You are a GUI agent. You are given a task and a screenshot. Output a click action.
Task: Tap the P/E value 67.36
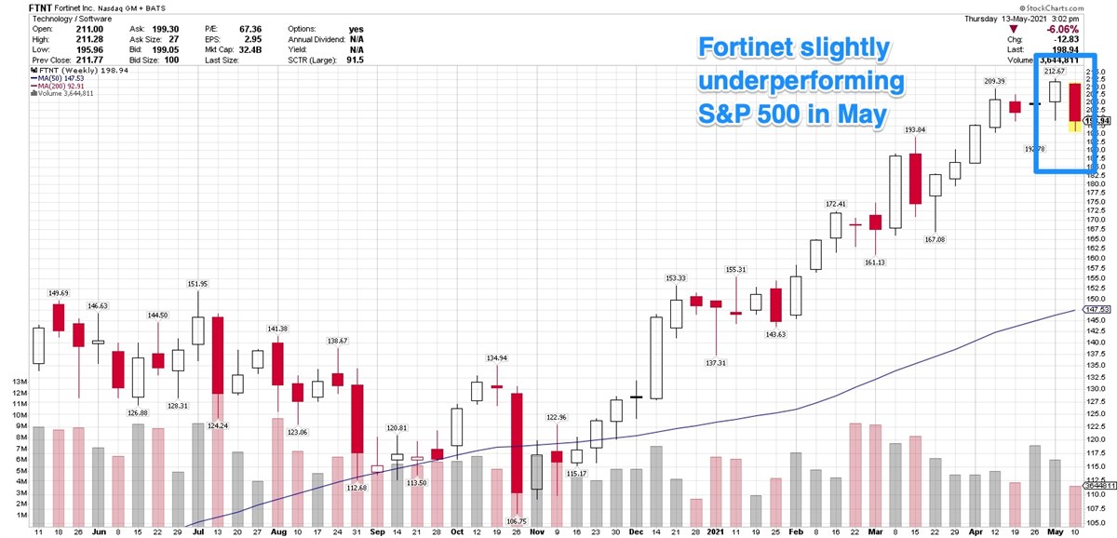pyautogui.click(x=243, y=29)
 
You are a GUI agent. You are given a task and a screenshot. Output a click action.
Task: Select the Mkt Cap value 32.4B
pyautogui.click(x=243, y=49)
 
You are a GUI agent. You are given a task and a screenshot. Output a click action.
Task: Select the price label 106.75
pyautogui.click(x=516, y=520)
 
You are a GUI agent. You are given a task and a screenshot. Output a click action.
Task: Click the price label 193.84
pyautogui.click(x=915, y=128)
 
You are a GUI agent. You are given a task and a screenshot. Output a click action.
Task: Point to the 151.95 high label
pyautogui.click(x=197, y=284)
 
